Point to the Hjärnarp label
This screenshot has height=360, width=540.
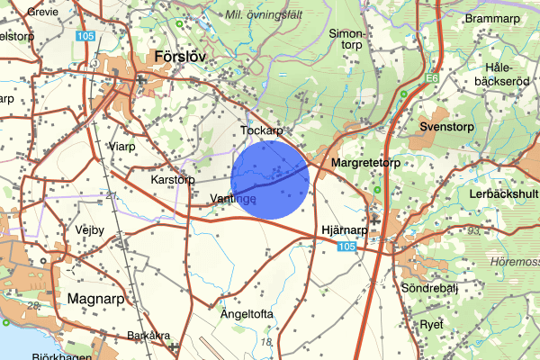[x=345, y=230]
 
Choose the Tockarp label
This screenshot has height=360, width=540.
[x=262, y=130]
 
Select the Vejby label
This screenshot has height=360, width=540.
[x=91, y=229]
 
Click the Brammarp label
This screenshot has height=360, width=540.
[x=492, y=18]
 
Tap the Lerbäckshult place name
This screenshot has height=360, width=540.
[x=501, y=193]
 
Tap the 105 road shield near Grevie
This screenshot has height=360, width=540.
[x=85, y=36]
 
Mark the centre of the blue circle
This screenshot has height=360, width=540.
[x=270, y=179]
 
